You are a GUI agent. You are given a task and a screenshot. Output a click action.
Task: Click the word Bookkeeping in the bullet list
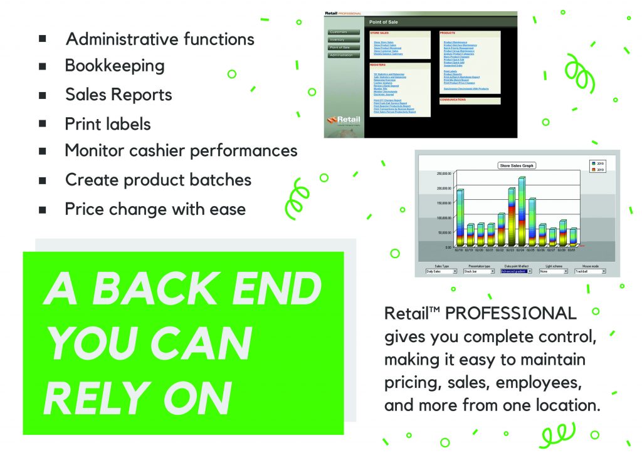[115, 66]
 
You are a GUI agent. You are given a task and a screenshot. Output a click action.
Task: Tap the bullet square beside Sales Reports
[43, 95]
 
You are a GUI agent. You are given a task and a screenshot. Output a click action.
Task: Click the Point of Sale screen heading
[384, 22]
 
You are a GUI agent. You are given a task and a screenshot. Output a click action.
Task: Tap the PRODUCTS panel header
[448, 32]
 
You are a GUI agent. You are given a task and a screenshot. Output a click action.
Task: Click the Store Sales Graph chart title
[517, 165]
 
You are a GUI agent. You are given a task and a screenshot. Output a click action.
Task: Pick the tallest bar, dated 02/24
[521, 211]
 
